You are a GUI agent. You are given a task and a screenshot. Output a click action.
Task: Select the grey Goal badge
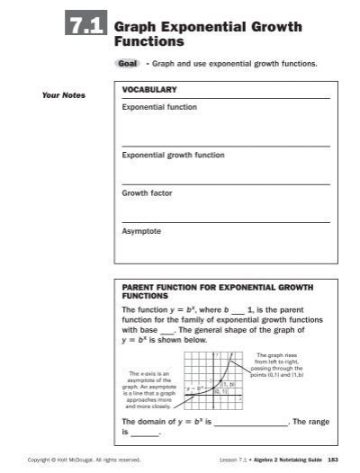[x=126, y=64]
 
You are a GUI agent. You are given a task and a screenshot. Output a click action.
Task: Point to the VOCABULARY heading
[x=149, y=91]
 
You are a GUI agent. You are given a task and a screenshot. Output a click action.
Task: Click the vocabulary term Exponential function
[x=159, y=107]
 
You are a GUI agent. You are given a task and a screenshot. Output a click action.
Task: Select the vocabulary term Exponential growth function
[x=173, y=155]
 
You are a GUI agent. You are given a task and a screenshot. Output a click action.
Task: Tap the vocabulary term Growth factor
[x=147, y=192]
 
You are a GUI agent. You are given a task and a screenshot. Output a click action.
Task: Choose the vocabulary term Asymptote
[x=141, y=230]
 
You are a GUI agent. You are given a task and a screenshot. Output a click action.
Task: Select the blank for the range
[x=145, y=434]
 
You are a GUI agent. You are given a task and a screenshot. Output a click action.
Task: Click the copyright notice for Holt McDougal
[x=84, y=460]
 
